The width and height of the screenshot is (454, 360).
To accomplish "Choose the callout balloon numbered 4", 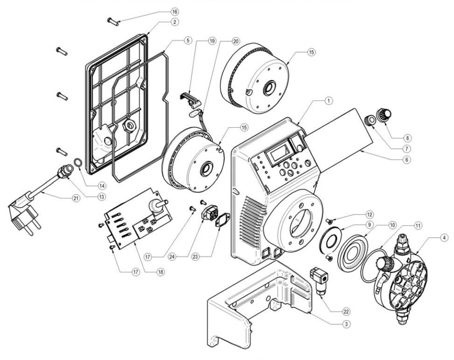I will (x=445, y=237).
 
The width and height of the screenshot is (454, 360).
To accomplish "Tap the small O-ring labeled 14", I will (x=80, y=163).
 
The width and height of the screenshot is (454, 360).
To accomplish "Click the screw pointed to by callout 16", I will (x=114, y=20).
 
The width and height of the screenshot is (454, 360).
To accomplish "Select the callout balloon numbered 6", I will (x=406, y=159).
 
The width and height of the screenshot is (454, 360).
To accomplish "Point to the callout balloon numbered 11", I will (x=418, y=225).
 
